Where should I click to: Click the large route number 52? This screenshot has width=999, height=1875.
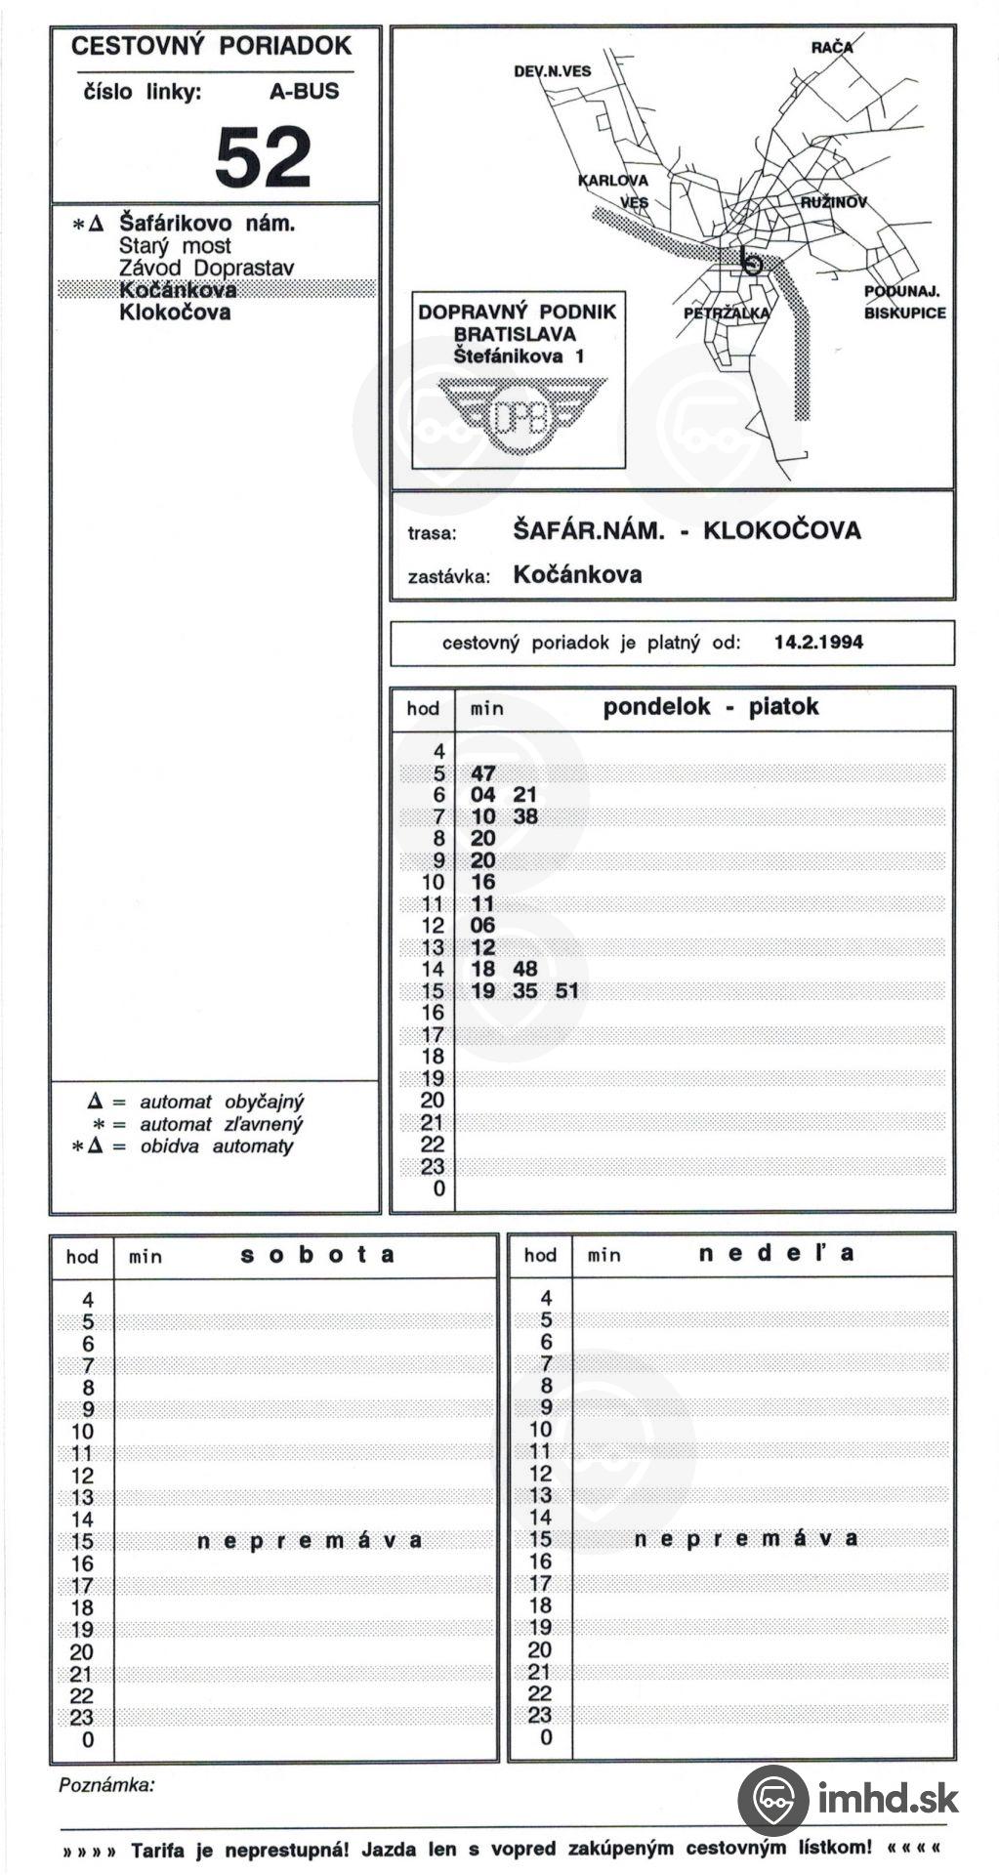263,157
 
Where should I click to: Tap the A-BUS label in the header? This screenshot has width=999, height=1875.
304,92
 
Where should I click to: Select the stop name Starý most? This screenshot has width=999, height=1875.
175,246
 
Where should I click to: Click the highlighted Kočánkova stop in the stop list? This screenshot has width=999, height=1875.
178,290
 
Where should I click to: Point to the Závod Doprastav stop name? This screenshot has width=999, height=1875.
206,268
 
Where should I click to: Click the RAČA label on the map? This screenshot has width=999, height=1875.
831,47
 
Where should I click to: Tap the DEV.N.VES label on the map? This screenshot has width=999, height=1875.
552,71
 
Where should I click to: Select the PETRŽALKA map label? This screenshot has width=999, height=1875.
727,313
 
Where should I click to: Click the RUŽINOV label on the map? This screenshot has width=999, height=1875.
833,202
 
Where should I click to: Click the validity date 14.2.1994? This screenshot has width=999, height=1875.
818,643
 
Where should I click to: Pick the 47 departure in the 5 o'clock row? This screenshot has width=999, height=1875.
483,773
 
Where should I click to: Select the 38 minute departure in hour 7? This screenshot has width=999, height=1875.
525,816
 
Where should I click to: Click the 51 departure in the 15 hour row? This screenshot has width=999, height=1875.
566,991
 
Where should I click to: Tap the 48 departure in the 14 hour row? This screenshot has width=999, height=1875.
524,969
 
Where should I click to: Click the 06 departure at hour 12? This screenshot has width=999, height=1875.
482,925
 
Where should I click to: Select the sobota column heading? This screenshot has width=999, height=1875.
317,1255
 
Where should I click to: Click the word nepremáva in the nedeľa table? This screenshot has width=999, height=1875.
746,1539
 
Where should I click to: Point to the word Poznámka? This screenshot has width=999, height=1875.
106,1785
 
